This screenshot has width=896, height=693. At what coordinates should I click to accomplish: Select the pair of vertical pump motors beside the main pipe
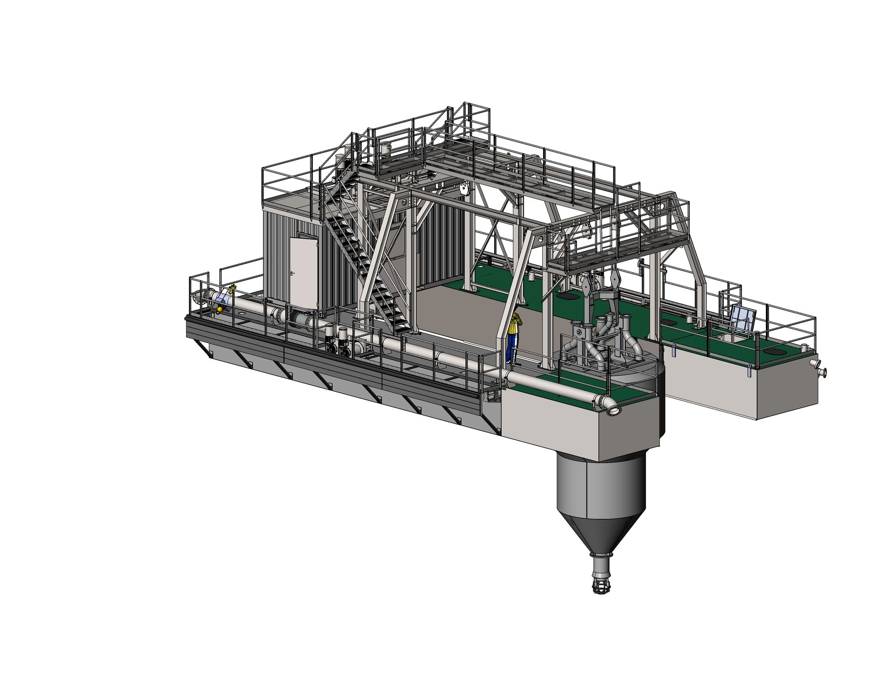pos(337,341)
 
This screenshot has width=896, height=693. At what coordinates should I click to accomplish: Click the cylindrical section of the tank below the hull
pos(602,486)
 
